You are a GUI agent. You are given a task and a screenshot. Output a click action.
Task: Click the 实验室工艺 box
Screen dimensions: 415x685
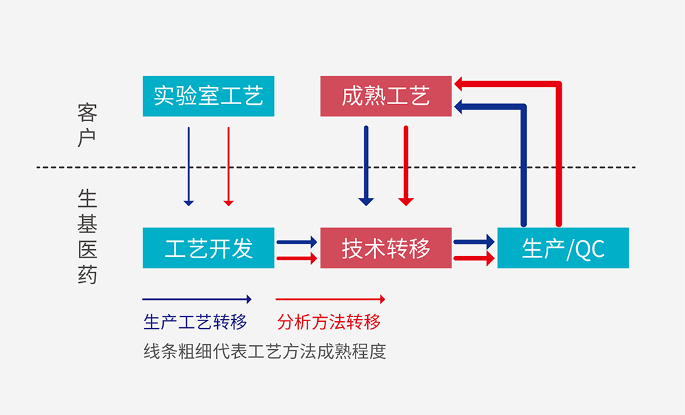(208, 96)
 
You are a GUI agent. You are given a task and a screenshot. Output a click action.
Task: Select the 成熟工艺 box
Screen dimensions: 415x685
(386, 96)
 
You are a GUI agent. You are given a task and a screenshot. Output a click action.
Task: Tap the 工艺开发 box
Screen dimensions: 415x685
(208, 248)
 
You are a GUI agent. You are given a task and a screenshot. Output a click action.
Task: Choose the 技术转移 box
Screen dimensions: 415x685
(386, 248)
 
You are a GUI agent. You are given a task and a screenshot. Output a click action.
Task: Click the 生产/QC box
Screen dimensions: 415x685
(562, 248)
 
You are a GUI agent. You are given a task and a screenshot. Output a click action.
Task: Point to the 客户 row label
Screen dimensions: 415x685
(87, 125)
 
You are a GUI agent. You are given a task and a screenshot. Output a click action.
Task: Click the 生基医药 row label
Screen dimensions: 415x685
(87, 237)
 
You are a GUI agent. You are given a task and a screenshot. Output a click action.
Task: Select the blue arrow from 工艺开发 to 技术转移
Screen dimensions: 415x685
(297, 242)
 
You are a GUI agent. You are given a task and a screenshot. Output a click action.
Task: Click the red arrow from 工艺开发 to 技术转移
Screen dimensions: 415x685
(297, 259)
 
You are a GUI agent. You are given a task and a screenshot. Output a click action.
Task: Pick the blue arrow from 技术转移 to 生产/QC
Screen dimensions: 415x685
(474, 242)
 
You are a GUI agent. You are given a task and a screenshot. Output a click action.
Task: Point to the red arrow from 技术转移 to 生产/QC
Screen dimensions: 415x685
(474, 259)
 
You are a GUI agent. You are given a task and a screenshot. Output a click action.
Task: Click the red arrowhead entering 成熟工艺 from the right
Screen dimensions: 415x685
(460, 84)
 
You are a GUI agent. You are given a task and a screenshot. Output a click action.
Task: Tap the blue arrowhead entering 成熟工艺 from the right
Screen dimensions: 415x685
(460, 106)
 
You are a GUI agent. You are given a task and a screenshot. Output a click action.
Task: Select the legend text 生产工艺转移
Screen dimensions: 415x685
(195, 322)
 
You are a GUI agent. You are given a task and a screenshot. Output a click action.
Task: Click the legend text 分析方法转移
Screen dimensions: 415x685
(329, 322)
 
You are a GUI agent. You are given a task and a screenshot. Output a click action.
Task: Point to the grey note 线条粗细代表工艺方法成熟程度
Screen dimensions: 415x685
(264, 351)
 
